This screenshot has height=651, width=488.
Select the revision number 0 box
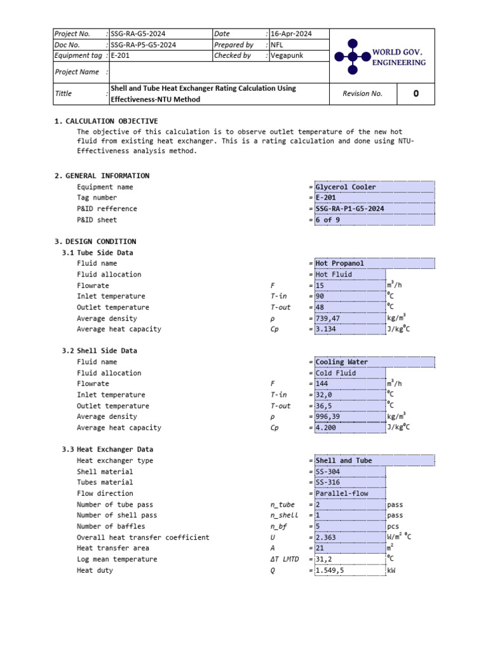(416, 93)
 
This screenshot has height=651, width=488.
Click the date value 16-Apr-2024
(290, 34)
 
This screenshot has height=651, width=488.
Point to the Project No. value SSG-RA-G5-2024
(143, 34)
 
